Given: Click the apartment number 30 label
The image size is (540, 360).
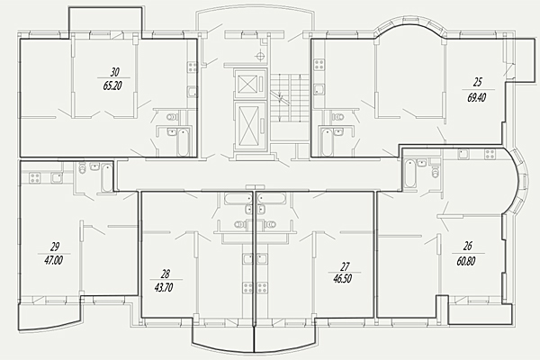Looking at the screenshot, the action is point(114,72).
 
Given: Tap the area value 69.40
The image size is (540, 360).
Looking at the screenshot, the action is point(477,98).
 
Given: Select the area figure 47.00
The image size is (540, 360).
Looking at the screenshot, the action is point(53,260).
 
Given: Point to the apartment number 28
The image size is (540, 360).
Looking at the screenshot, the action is point(166,274).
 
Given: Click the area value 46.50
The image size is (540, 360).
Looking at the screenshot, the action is point(342,278).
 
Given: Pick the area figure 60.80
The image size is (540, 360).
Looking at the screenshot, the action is point(466,261).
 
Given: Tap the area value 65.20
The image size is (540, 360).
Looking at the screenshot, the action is point(112,85).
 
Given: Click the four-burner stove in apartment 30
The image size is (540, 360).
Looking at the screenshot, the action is point(192,67).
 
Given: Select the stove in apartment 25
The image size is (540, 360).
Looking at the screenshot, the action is point(319,65).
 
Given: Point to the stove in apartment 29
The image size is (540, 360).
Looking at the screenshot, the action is point(35,177).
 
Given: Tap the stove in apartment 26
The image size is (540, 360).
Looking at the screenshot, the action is point(490,154).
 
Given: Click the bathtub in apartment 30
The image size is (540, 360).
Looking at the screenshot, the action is point(183,141).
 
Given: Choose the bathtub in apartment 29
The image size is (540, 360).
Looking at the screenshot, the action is point(107,178).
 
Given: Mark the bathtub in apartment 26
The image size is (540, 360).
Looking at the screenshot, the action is point(409,174).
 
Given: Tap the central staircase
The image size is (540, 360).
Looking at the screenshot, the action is point(289,97).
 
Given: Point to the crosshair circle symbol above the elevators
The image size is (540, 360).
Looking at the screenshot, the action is point(261,55).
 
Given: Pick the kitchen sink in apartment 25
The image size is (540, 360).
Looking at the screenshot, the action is point(319,90).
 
